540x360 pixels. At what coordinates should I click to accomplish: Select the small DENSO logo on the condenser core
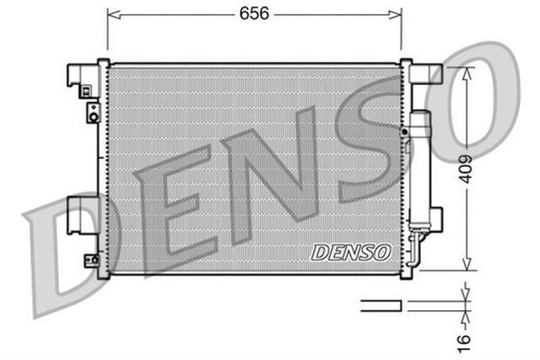pos(350,251)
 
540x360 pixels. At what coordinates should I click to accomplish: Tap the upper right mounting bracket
pos(425,74)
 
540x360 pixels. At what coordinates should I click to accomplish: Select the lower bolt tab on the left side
pos(91,260)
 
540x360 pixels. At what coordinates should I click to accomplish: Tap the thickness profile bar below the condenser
pos(381,305)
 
